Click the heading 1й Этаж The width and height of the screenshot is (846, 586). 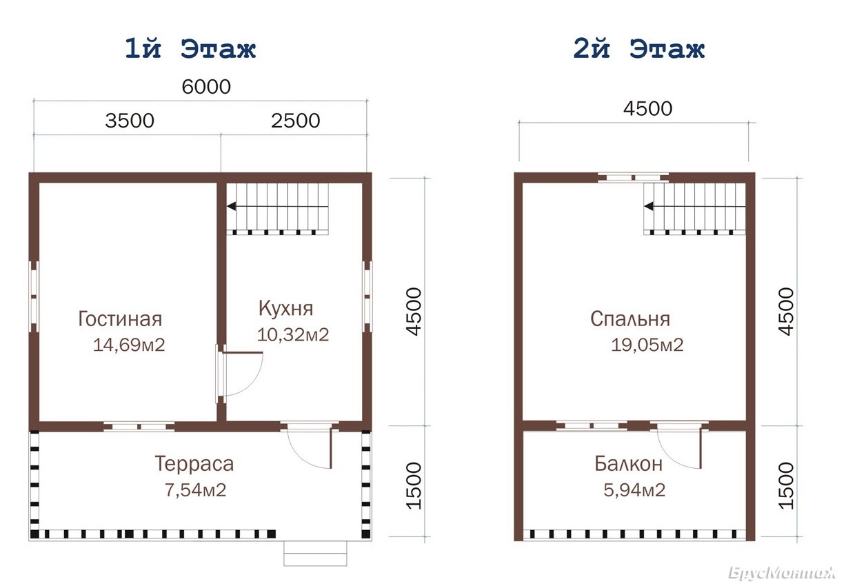[x=190, y=48]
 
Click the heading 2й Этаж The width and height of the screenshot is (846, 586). [x=638, y=48]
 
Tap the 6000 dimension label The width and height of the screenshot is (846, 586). [x=206, y=87]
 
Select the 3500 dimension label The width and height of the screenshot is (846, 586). [x=130, y=121]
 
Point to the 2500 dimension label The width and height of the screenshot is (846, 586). [x=295, y=121]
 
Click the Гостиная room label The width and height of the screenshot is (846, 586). [x=120, y=319]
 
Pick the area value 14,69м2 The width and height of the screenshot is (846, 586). [x=129, y=345]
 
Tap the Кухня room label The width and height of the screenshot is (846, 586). [x=286, y=308]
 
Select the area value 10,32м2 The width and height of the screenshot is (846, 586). [x=293, y=334]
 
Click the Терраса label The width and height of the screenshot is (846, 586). [x=194, y=464]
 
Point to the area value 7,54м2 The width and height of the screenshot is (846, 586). [x=195, y=490]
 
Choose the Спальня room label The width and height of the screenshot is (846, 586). [x=630, y=319]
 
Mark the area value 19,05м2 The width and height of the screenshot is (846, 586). [x=647, y=345]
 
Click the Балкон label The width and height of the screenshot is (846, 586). [x=628, y=464]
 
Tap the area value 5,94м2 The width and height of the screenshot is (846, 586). [x=634, y=490]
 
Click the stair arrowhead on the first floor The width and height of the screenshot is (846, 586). [x=231, y=206]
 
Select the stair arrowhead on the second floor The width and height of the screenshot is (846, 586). [x=649, y=206]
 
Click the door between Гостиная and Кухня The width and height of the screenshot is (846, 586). [x=239, y=374]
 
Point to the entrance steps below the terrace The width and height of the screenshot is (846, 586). [x=315, y=553]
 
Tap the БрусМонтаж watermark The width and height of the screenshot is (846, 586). [x=782, y=572]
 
